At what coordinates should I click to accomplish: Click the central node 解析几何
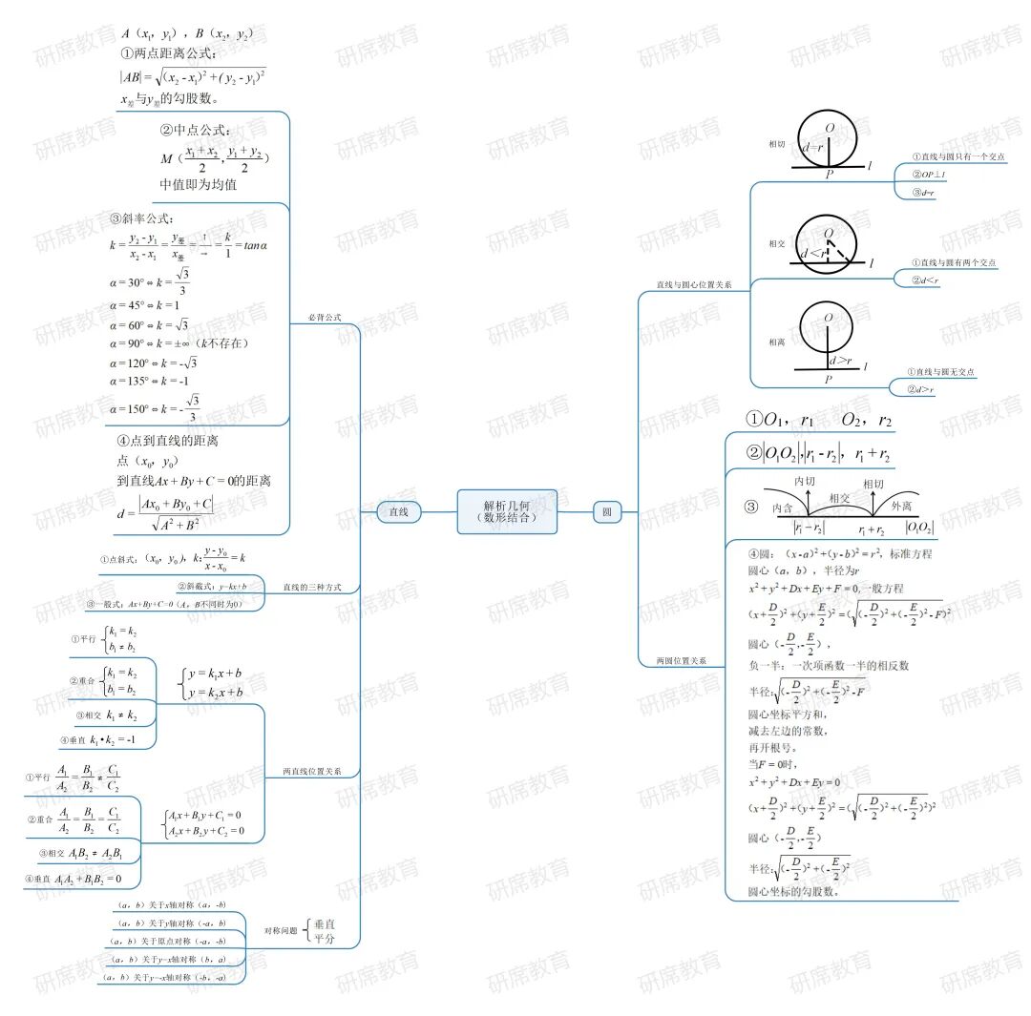pos(506,511)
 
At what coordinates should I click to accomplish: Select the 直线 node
pos(398,512)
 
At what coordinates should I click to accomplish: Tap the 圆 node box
pos(606,512)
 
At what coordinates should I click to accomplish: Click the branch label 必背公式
pos(325,317)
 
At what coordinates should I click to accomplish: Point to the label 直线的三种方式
pos(312,587)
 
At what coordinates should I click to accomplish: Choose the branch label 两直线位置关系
pos(312,771)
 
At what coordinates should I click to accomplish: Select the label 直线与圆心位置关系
pos(694,284)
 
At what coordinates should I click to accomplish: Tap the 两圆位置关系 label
pos(681,660)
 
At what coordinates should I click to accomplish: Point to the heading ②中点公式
pos(196,130)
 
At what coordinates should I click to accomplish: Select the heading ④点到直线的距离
pos(168,441)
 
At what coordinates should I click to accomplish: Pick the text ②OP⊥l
pos(928,175)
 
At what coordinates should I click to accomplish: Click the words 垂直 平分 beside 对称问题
pos(326,931)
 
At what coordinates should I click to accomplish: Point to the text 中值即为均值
pos(199,184)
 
